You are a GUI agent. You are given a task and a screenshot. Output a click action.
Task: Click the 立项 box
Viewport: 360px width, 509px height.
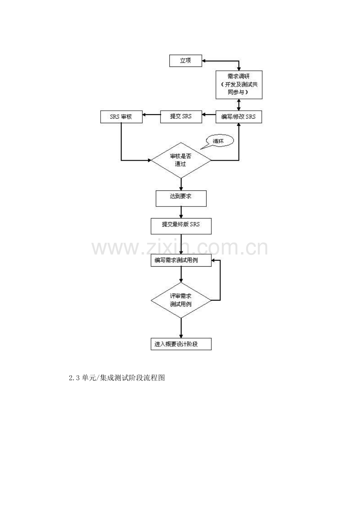185,61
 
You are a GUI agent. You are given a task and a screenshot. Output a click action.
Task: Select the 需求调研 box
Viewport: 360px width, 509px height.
239,85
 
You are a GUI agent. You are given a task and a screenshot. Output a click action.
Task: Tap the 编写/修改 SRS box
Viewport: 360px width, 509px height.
239,117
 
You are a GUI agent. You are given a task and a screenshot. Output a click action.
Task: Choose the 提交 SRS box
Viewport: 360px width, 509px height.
181,117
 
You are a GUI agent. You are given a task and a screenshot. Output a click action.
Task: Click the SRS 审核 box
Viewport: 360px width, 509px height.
121,117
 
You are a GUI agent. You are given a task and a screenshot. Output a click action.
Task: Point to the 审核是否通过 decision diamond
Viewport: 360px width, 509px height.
181,160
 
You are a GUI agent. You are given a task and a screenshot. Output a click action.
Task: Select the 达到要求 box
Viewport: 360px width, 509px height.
181,198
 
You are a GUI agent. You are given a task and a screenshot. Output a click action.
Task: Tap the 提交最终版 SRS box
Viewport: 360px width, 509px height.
181,226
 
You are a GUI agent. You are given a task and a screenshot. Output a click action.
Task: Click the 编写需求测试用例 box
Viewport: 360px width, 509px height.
181,260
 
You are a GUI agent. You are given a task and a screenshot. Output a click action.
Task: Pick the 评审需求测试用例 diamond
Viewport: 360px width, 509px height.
181,300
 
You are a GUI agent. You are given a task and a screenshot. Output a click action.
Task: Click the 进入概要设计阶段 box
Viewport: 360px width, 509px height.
181,344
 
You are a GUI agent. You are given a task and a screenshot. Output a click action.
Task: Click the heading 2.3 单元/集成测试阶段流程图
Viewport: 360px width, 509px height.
117,378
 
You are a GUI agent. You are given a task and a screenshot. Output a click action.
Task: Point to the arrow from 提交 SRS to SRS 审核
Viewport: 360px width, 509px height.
151,115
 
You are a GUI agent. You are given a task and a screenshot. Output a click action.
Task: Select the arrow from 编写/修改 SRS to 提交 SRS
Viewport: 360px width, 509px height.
209,115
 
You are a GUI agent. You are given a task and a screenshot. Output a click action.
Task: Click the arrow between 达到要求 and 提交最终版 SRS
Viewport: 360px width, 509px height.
181,212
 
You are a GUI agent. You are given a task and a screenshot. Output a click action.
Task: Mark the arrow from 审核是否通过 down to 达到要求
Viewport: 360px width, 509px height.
181,184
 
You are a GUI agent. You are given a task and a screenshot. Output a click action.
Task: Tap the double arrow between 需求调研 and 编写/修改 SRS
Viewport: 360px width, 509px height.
239,105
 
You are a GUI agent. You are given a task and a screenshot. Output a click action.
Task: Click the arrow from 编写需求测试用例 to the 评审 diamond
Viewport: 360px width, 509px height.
181,274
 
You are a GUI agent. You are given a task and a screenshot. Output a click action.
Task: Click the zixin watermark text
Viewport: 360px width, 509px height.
180,248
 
